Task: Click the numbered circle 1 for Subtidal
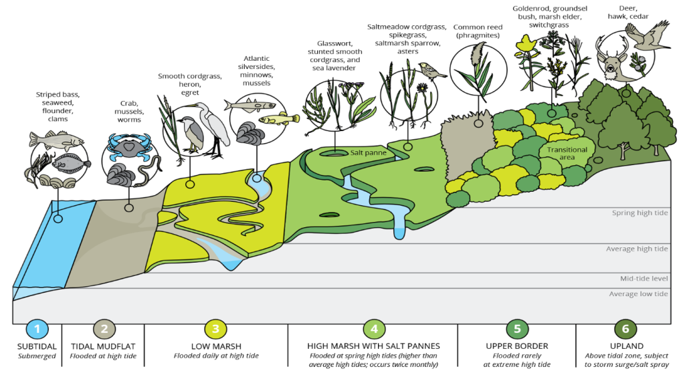coord(37,329)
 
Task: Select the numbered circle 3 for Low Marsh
coord(215,329)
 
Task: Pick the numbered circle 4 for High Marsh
coord(373,329)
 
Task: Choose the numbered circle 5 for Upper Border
coord(517,329)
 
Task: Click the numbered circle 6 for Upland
coord(625,329)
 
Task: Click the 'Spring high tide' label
coord(640,213)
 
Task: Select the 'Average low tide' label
coord(638,294)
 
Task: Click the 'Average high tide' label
coord(637,249)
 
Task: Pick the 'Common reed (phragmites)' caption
coord(477,31)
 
